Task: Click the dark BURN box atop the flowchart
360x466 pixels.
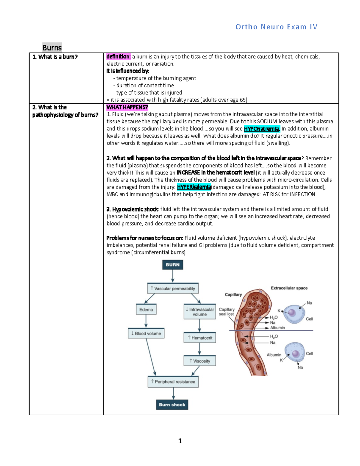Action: (x=172, y=265)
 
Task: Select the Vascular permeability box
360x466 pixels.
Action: (x=173, y=288)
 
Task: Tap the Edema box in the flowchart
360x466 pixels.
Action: (x=146, y=309)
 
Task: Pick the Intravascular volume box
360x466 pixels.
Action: (x=199, y=311)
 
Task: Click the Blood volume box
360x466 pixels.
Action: (x=146, y=333)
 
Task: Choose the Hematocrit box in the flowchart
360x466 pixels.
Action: (x=199, y=338)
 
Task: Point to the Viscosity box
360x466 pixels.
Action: (x=199, y=361)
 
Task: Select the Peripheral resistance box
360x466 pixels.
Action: (x=173, y=382)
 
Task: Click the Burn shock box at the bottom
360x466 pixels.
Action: (x=172, y=404)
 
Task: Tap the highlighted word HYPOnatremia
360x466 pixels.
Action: (x=262, y=129)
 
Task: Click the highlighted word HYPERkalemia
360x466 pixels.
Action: (x=194, y=187)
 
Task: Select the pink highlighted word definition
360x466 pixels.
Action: (x=118, y=56)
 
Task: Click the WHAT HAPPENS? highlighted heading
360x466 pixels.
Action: (x=127, y=107)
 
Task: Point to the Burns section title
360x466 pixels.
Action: (x=52, y=47)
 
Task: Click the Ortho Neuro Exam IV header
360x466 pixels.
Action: (x=276, y=27)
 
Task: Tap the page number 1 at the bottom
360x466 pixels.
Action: (x=180, y=440)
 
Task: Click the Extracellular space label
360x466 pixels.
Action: (x=289, y=288)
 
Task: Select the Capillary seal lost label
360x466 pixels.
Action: (x=226, y=311)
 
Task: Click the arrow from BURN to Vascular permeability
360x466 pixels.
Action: (x=172, y=276)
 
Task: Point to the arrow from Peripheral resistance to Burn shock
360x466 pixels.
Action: (x=173, y=393)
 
